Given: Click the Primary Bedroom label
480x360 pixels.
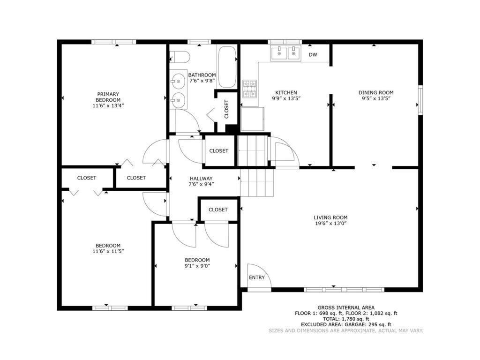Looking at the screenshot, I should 108,97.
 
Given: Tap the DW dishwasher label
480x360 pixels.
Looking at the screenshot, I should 313,55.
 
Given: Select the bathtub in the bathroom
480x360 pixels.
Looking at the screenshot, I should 227,67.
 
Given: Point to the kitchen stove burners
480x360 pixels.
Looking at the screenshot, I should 249,89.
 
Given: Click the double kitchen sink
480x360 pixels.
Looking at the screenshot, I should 286,53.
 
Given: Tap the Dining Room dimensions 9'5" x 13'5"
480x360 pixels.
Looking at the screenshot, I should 376,99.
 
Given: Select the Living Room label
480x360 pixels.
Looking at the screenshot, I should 330,217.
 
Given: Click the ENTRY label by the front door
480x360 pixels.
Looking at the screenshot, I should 256,277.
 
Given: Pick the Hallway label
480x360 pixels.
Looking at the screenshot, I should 201,179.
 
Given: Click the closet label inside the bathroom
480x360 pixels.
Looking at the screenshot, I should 227,109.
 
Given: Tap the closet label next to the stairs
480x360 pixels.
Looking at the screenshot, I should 218,151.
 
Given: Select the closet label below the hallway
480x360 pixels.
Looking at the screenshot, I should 218,210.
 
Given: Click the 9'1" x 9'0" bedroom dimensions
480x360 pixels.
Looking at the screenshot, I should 197,266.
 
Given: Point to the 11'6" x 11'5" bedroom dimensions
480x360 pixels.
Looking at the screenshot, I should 108,251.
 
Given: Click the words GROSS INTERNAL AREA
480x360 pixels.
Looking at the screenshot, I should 346,307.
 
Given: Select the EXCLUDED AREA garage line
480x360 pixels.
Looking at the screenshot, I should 346,324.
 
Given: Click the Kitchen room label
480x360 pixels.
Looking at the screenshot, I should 286,93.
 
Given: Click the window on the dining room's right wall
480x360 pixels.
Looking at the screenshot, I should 420,100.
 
